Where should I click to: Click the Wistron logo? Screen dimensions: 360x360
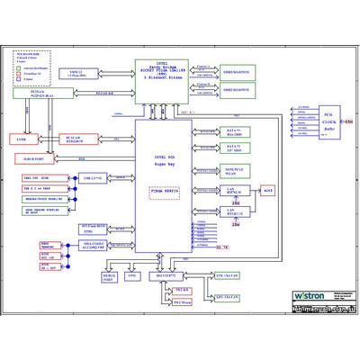[x=315, y=295]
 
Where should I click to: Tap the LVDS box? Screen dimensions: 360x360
[x=22, y=139]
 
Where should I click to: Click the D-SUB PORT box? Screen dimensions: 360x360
[x=33, y=159]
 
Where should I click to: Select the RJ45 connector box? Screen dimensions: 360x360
[x=267, y=190]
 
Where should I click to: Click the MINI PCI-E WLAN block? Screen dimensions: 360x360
[x=234, y=170]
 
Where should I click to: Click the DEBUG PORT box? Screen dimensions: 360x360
[x=109, y=277]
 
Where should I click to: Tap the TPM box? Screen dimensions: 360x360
[x=132, y=277]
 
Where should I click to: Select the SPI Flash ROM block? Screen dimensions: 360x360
[x=94, y=229]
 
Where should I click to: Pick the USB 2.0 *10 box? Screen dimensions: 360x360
[x=92, y=178]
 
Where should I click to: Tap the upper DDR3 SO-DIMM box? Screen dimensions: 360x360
[x=238, y=71]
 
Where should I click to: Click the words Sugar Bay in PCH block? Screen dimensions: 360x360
[x=164, y=167]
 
